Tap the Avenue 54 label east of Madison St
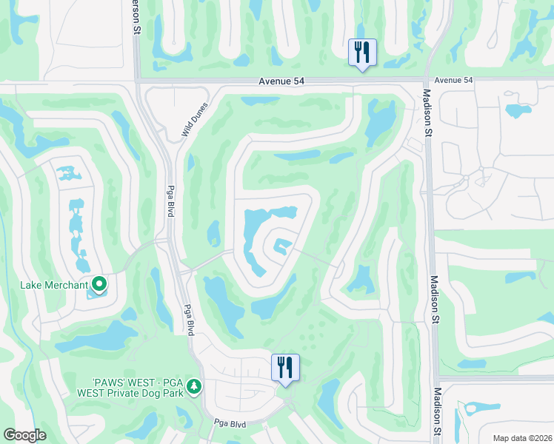click(453, 80)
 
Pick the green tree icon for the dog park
click(194, 386)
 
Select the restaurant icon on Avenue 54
click(362, 52)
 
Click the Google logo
click(24, 435)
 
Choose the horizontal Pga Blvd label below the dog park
click(230, 423)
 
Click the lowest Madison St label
click(438, 415)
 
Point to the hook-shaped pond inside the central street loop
click(282, 246)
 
